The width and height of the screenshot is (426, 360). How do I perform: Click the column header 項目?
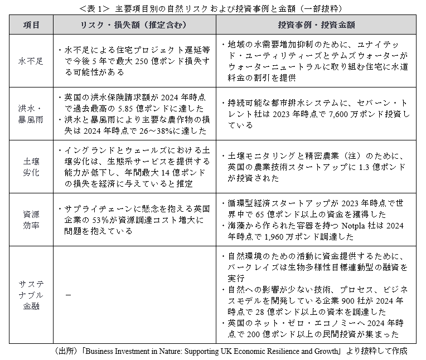point(31,26)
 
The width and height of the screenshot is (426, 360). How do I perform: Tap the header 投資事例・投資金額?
point(317,26)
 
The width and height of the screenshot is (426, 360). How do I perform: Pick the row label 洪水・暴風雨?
point(31,113)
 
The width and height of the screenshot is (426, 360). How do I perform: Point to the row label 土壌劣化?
point(31,166)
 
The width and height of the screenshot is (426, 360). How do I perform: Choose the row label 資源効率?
point(31,220)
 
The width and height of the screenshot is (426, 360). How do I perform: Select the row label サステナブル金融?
point(31,295)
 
